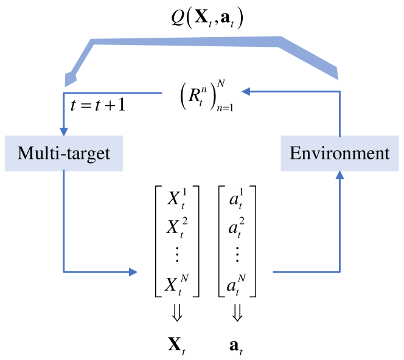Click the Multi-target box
(63, 153)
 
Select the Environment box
(340, 153)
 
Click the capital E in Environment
(295, 153)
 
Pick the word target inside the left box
(89, 154)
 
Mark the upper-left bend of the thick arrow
(93, 42)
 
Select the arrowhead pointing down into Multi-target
(64, 131)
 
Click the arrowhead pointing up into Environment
(340, 175)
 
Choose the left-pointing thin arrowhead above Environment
(245, 92)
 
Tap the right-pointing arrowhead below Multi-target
(134, 272)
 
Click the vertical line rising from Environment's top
(340, 116)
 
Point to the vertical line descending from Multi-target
(64, 219)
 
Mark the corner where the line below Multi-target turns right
(64, 272)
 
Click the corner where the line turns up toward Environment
(340, 272)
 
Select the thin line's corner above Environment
(340, 92)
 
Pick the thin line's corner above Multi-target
(64, 93)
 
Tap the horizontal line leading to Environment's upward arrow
(304, 272)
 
